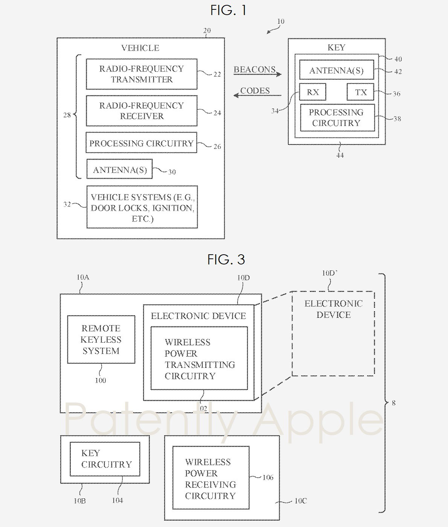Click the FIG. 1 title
[228, 10]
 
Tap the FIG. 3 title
[226, 259]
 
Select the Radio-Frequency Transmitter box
[142, 74]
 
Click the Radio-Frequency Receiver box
[142, 111]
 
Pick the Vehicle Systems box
[142, 207]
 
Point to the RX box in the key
[313, 92]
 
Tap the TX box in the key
[360, 92]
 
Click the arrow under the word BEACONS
[258, 74]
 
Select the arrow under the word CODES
[258, 95]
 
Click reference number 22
[217, 74]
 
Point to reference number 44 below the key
[340, 155]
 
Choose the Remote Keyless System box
[101, 340]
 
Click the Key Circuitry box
[105, 459]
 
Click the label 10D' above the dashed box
[329, 273]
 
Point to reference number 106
[268, 477]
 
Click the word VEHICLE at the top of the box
[140, 48]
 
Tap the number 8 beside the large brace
[394, 403]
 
